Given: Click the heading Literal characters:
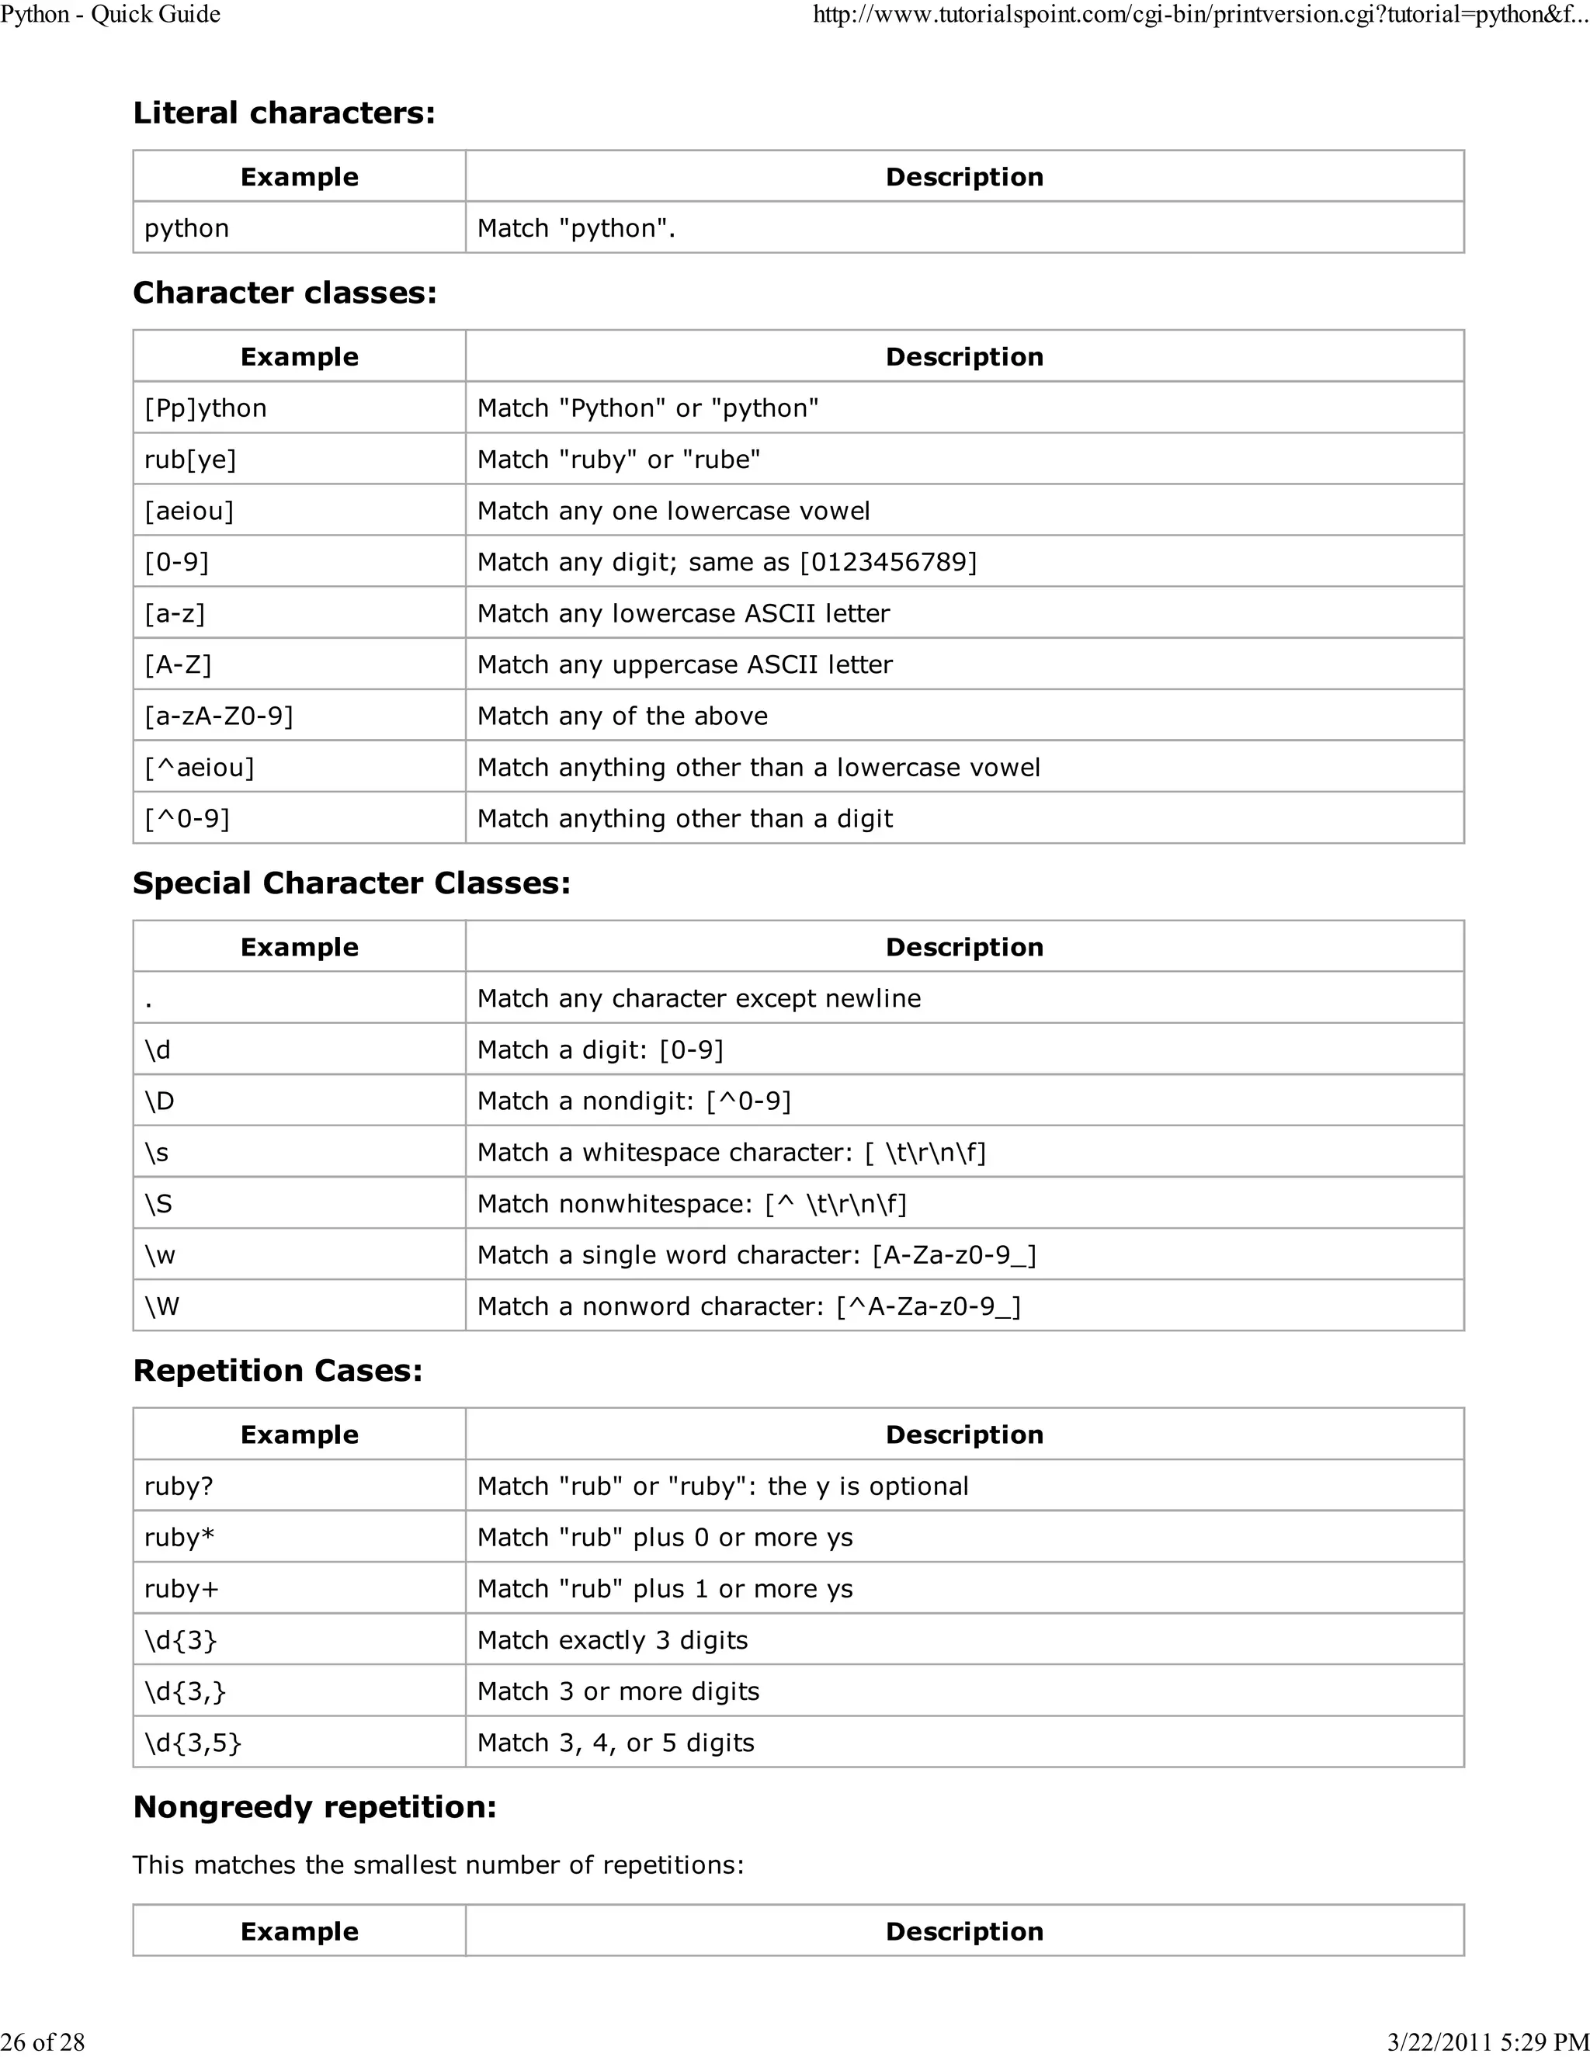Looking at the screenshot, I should click(x=283, y=113).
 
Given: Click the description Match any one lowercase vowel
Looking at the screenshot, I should click(x=672, y=511).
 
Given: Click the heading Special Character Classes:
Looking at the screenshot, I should click(x=352, y=883).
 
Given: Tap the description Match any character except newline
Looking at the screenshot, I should click(x=698, y=998).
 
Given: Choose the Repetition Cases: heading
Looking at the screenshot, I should click(x=278, y=1370).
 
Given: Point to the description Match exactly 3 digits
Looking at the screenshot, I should click(x=613, y=1639).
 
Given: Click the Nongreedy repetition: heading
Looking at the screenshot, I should click(x=314, y=1806).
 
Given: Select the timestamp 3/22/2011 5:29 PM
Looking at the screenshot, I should click(x=1487, y=2041).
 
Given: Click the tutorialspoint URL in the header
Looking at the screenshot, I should click(x=1199, y=14).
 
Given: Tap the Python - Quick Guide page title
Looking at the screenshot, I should click(x=110, y=14).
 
